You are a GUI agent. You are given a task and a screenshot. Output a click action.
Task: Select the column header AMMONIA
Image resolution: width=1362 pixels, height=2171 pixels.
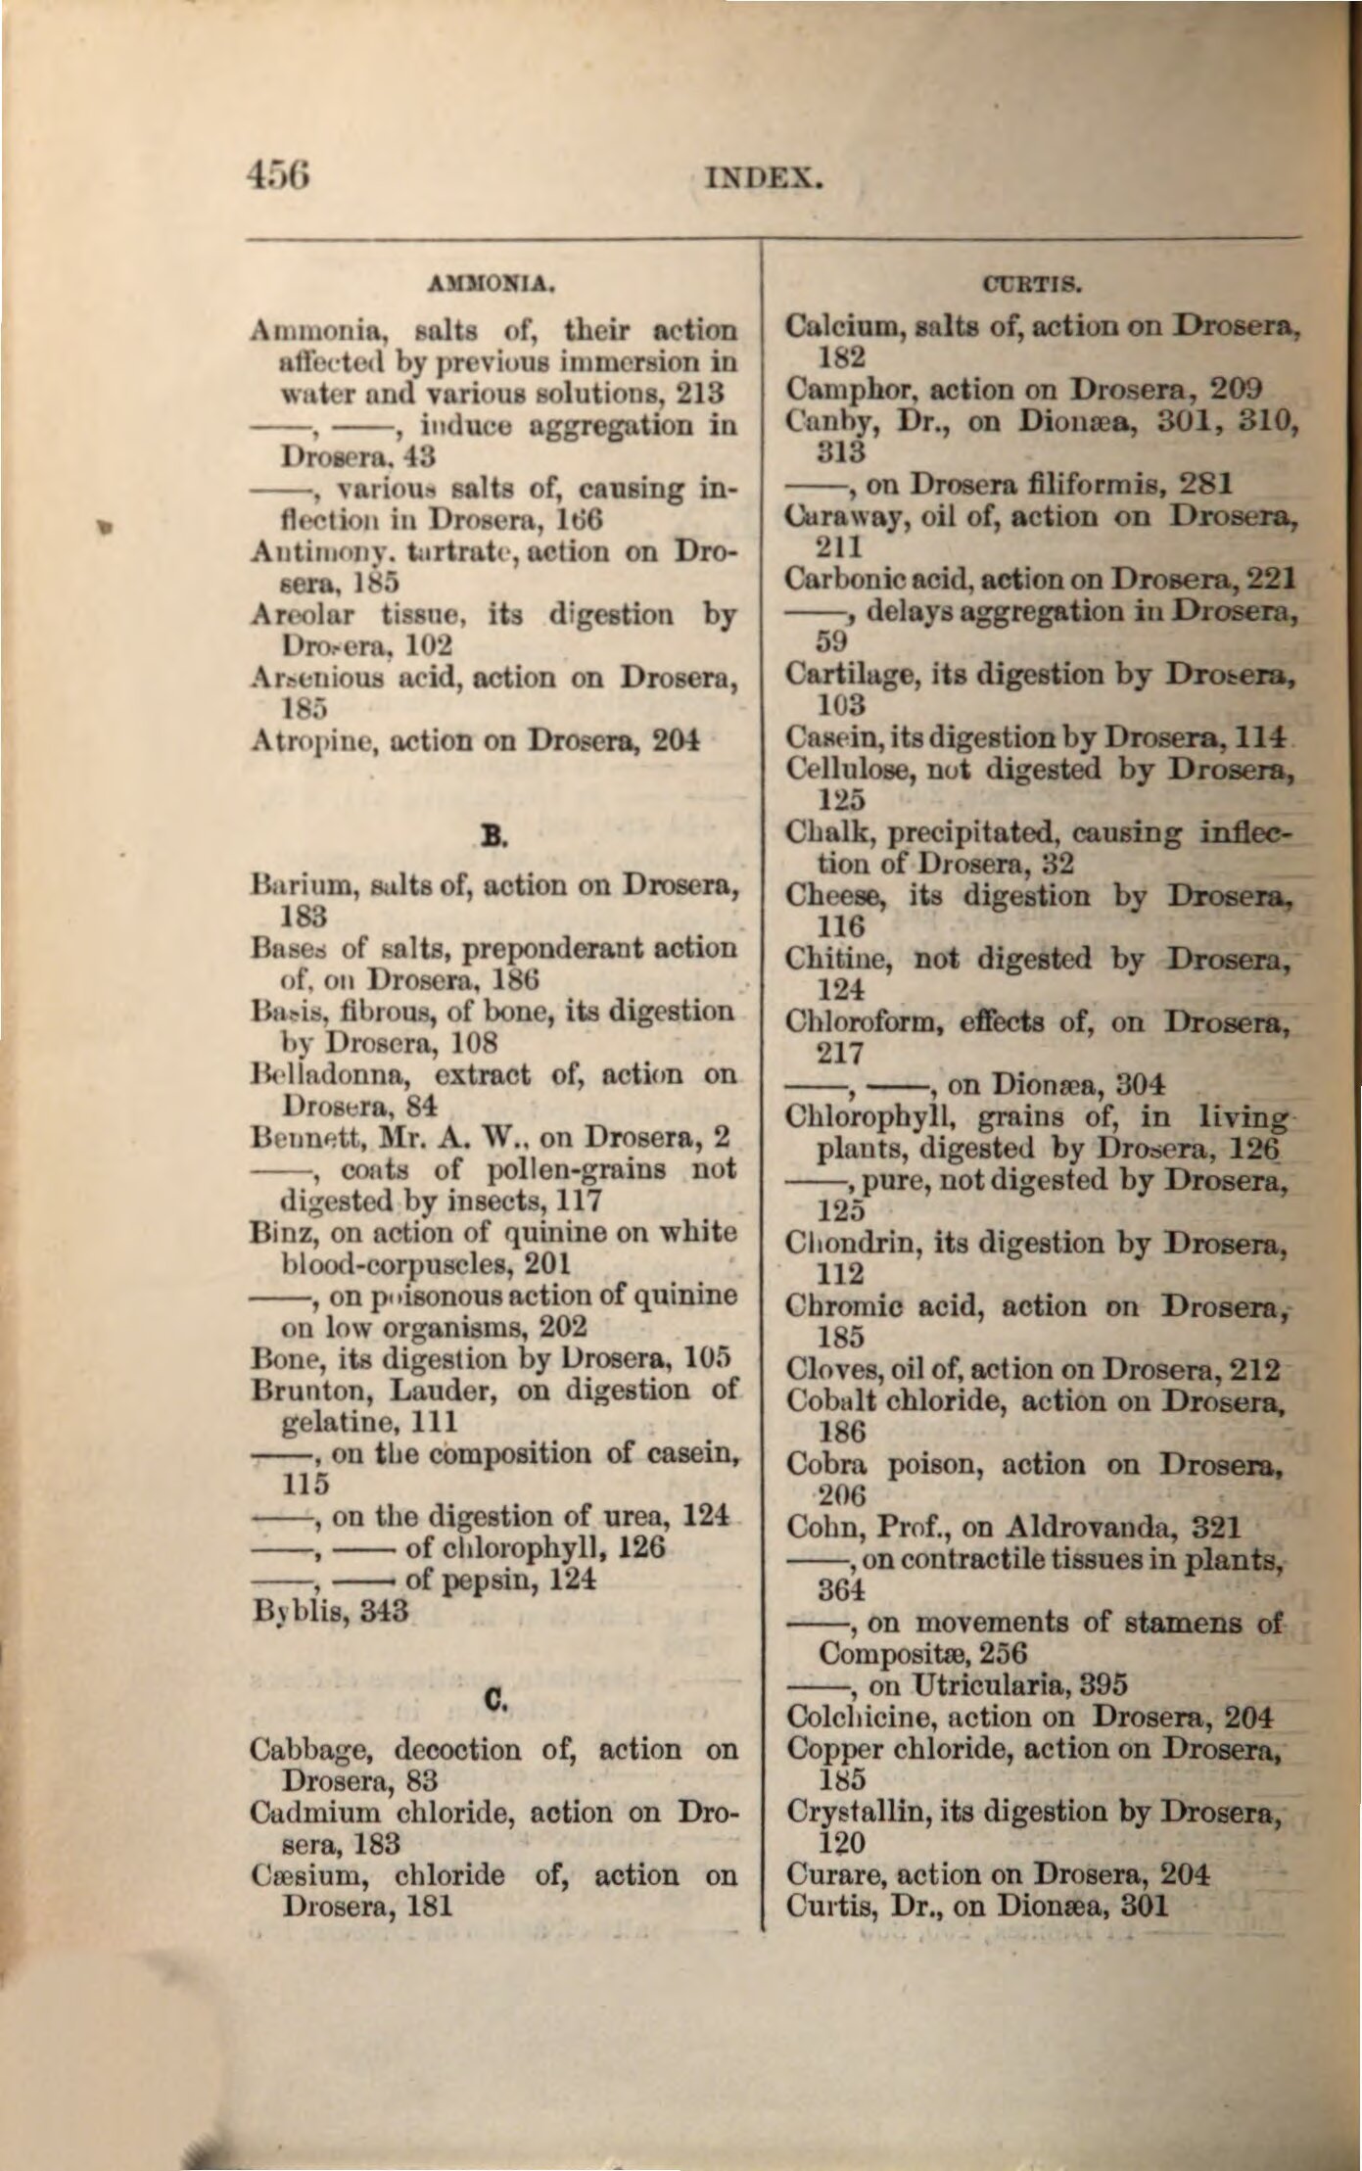(x=493, y=286)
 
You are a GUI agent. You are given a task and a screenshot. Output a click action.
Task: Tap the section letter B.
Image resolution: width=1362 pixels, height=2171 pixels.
(x=493, y=835)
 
